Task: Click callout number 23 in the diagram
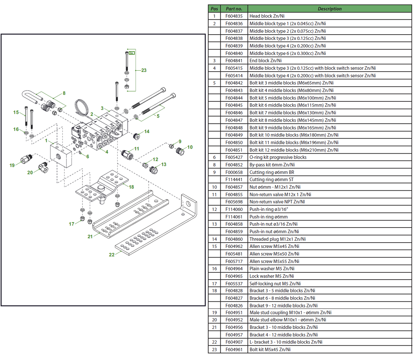coord(144,70)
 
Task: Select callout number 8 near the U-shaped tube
coord(64,93)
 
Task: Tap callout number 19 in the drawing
coord(12,165)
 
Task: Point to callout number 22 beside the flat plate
coord(112,255)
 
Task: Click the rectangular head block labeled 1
coord(61,155)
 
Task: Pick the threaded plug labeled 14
coord(137,136)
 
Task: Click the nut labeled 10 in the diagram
coord(180,151)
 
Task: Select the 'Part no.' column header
coord(234,9)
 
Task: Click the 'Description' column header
coord(329,9)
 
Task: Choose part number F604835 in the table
coord(234,16)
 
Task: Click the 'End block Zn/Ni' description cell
coord(265,61)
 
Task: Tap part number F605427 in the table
coord(234,157)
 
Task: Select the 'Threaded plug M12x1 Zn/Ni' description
coord(277,239)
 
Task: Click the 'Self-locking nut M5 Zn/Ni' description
coord(275,283)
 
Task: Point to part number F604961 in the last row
coord(234,350)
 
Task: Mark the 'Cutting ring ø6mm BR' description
coord(272,172)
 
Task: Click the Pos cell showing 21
coord(214,327)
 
